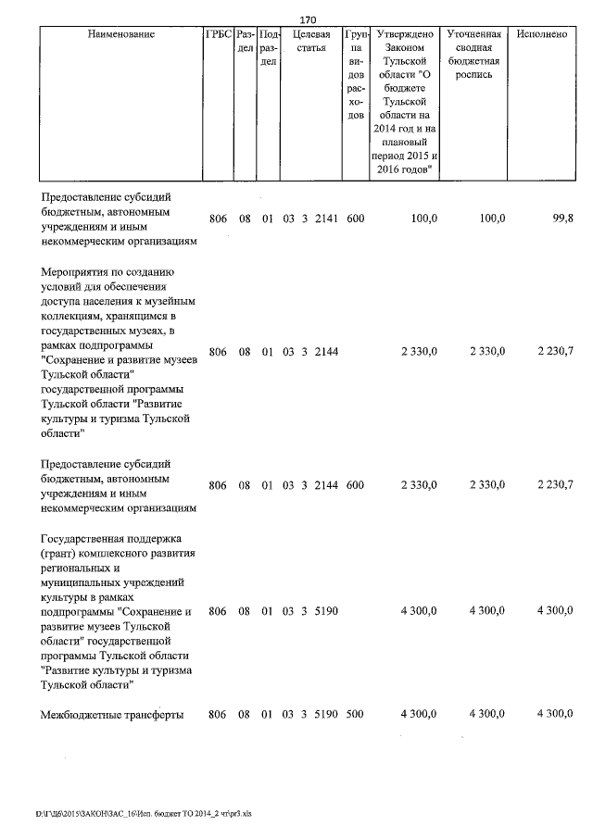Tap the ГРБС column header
point(219,34)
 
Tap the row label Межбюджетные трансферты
point(114,714)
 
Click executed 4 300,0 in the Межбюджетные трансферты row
point(554,714)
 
